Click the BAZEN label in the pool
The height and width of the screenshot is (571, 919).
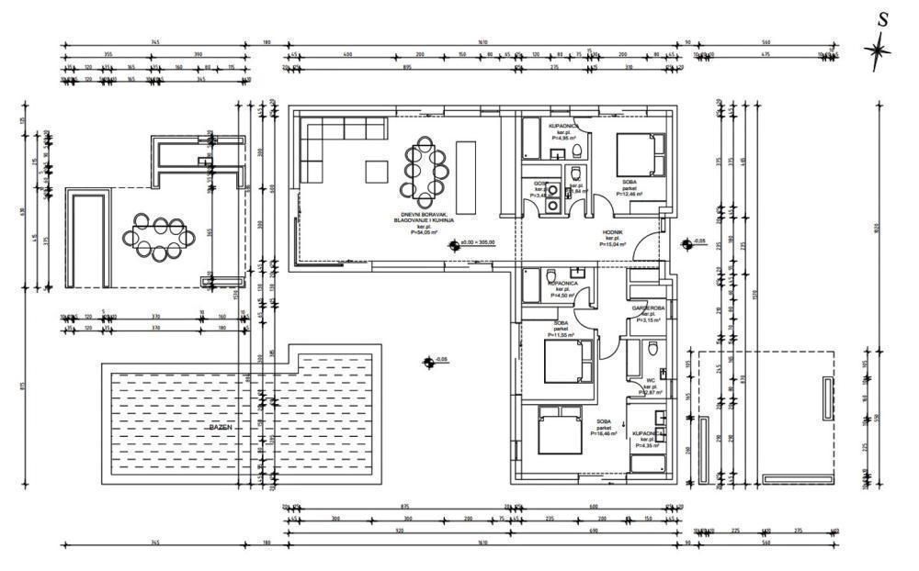pyautogui.click(x=221, y=428)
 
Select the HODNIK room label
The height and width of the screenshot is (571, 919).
pyautogui.click(x=614, y=234)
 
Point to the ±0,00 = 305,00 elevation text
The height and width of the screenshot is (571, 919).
pyautogui.click(x=477, y=242)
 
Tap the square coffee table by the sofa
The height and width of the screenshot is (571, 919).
pyautogui.click(x=377, y=171)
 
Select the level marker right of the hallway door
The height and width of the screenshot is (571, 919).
pyautogui.click(x=686, y=243)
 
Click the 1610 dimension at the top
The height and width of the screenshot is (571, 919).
pyautogui.click(x=482, y=42)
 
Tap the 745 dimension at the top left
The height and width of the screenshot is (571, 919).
pyautogui.click(x=155, y=42)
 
